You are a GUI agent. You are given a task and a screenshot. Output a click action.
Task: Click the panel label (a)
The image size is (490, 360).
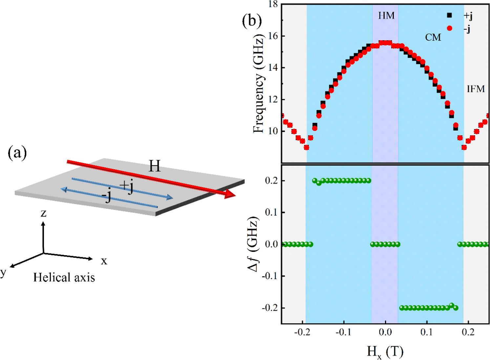17,153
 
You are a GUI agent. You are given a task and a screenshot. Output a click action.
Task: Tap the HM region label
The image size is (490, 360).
386,15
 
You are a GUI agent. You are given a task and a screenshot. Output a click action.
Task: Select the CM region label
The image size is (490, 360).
433,37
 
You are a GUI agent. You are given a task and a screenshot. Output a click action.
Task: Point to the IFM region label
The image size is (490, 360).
476,89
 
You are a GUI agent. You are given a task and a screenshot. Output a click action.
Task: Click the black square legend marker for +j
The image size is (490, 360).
449,15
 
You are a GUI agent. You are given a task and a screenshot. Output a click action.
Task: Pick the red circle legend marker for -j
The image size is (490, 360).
449,28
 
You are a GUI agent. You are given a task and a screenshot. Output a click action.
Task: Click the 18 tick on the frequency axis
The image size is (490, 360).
273,4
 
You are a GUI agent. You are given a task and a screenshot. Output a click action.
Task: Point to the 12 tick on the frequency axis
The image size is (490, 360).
273,99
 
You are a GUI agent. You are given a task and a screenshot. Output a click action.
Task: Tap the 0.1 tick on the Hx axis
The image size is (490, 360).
427,332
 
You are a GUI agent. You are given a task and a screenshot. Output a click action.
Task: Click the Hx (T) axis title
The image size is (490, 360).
385,352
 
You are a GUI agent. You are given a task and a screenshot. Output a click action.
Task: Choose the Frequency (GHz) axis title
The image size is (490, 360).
259,85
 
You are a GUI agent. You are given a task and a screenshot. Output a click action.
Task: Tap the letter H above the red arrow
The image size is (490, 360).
155,166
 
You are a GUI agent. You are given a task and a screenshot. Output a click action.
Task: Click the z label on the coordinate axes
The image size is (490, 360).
43,213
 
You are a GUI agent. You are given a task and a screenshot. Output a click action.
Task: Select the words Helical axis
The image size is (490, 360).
64,278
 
